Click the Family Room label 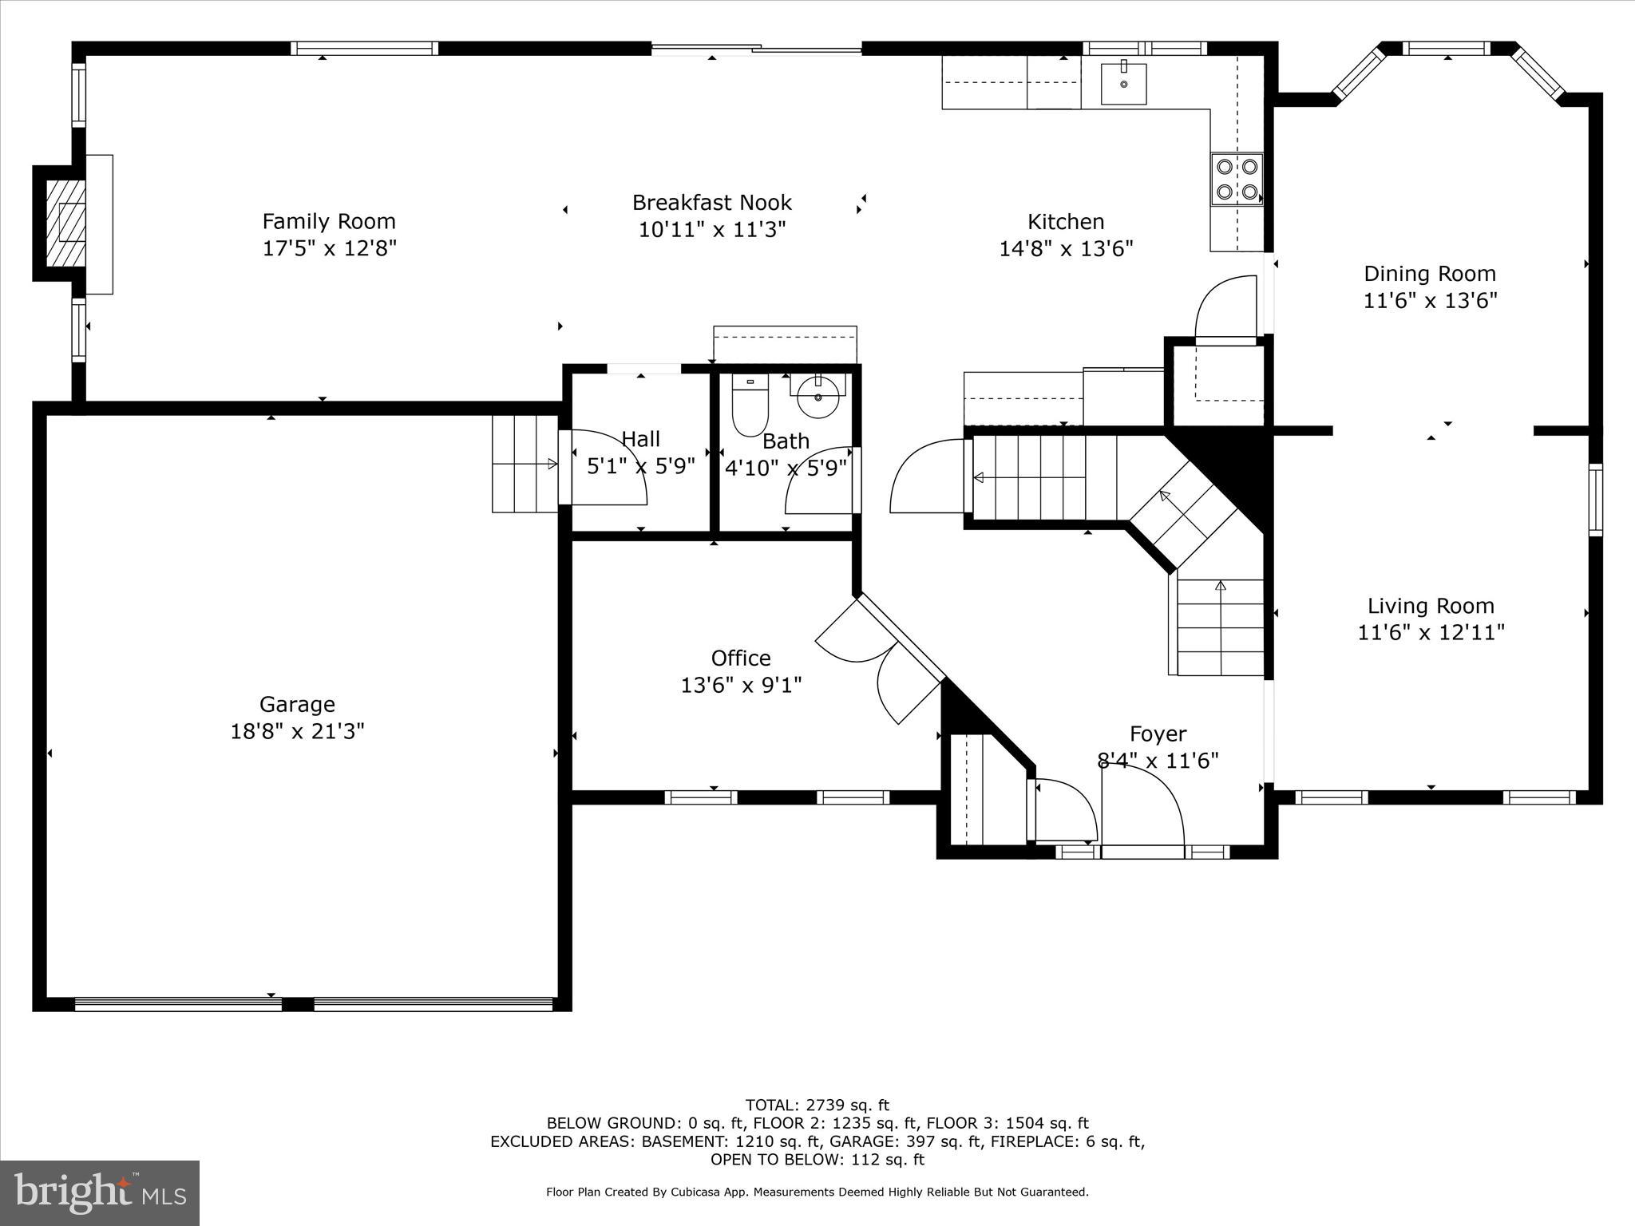pyautogui.click(x=329, y=221)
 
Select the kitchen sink pyautogui.click(x=1123, y=83)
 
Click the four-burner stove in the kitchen pyautogui.click(x=1237, y=180)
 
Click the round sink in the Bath pyautogui.click(x=818, y=395)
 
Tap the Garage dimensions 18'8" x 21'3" pyautogui.click(x=297, y=731)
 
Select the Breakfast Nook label pyautogui.click(x=712, y=203)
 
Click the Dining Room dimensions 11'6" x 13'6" pyautogui.click(x=1429, y=301)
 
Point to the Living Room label pyautogui.click(x=1431, y=606)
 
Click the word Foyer pyautogui.click(x=1158, y=734)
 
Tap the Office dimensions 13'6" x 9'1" pyautogui.click(x=741, y=685)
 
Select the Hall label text pyautogui.click(x=640, y=439)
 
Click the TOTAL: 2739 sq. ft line pyautogui.click(x=817, y=1105)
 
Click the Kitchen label pyautogui.click(x=1066, y=222)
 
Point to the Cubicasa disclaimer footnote pyautogui.click(x=817, y=1192)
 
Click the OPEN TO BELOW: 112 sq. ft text pyautogui.click(x=817, y=1159)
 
